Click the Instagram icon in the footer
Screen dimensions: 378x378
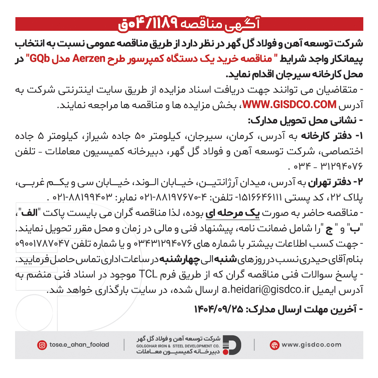point(42,345)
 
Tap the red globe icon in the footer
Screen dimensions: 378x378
point(274,345)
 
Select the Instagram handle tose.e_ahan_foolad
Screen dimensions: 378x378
point(79,345)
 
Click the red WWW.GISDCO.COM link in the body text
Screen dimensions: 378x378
point(289,105)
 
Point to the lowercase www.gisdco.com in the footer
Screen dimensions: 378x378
point(311,345)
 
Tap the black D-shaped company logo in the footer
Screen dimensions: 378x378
point(232,345)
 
